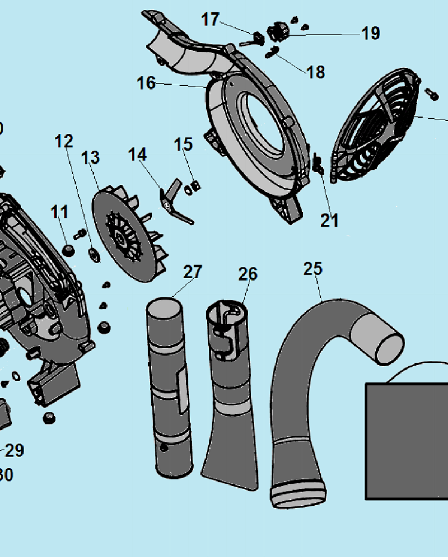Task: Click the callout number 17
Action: coord(210,20)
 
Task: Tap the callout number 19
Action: coord(370,34)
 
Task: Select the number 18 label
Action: coord(316,72)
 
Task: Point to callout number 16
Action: coord(146,83)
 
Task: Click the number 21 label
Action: coord(329,221)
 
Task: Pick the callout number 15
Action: coord(183,144)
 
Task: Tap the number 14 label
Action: coord(138,154)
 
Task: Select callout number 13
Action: coord(90,158)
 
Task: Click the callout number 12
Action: coord(64,141)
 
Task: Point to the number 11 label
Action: coord(59,212)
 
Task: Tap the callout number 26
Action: coord(248,274)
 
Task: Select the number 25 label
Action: coord(313,269)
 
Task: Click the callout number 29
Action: coord(15,450)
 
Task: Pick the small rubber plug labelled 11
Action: coord(68,250)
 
